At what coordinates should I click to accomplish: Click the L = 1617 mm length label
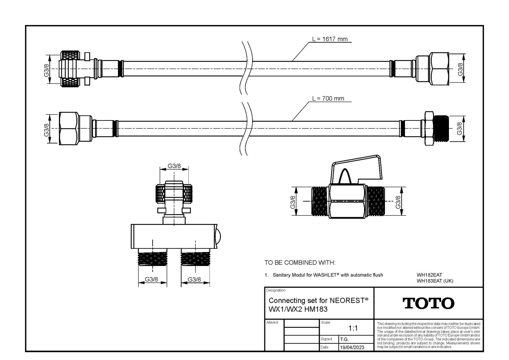pyautogui.click(x=330, y=39)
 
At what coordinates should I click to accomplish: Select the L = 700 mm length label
pyautogui.click(x=328, y=98)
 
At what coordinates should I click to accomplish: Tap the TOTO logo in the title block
pyautogui.click(x=428, y=303)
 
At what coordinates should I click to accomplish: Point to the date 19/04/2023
pyautogui.click(x=352, y=347)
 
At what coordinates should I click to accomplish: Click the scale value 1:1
pyautogui.click(x=353, y=328)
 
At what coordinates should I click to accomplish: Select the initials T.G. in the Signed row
pyautogui.click(x=344, y=339)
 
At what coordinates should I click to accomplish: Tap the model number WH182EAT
pyautogui.click(x=429, y=275)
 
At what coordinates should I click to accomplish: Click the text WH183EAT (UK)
pyautogui.click(x=435, y=281)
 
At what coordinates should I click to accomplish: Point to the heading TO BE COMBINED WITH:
pyautogui.click(x=300, y=263)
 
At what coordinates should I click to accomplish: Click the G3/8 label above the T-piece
pyautogui.click(x=174, y=166)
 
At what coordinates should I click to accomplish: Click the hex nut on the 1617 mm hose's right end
pyautogui.click(x=432, y=69)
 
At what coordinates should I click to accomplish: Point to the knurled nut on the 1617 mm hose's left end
pyautogui.click(x=71, y=69)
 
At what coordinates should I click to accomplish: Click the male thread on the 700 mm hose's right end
pyautogui.click(x=441, y=129)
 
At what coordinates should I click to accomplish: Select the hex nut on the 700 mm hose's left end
pyautogui.click(x=69, y=128)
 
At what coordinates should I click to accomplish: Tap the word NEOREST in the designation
pyautogui.click(x=347, y=301)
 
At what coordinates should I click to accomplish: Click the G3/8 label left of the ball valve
pyautogui.click(x=293, y=202)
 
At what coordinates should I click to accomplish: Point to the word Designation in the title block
pyautogui.click(x=276, y=290)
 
